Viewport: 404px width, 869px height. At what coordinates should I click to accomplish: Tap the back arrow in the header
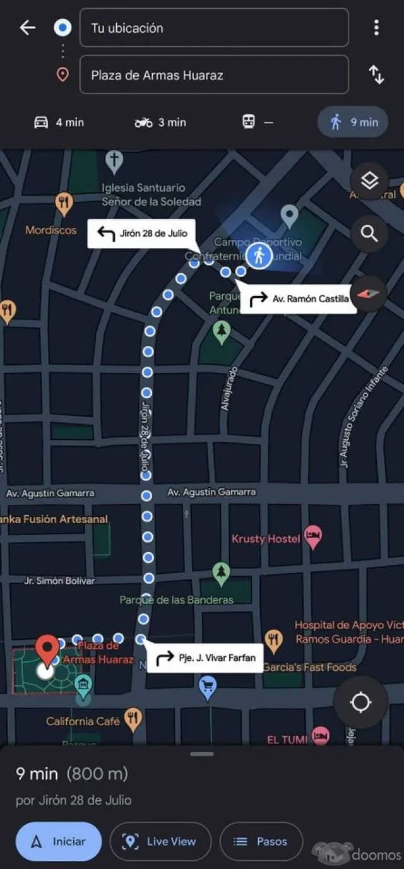pyautogui.click(x=27, y=28)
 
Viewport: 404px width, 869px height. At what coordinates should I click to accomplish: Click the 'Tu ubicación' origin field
pyautogui.click(x=213, y=28)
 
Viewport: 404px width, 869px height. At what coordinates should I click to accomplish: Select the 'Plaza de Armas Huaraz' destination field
pyautogui.click(x=213, y=75)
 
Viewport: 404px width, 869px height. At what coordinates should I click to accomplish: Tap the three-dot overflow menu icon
pyautogui.click(x=376, y=28)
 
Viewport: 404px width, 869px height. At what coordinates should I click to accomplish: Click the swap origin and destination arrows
pyautogui.click(x=376, y=75)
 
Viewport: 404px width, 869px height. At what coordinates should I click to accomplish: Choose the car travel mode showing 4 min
pyautogui.click(x=59, y=122)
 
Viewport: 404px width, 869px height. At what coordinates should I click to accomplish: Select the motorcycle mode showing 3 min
pyautogui.click(x=160, y=122)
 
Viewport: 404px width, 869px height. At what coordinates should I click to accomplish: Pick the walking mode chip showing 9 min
pyautogui.click(x=353, y=122)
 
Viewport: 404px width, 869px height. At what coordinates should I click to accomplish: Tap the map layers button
pyautogui.click(x=369, y=181)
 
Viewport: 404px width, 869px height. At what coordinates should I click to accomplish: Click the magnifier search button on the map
pyautogui.click(x=369, y=234)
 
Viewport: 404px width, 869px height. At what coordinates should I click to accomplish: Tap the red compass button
pyautogui.click(x=369, y=293)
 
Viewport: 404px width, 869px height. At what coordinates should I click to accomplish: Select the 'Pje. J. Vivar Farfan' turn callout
pyautogui.click(x=205, y=658)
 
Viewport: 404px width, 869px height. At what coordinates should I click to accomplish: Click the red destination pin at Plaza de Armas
pyautogui.click(x=47, y=649)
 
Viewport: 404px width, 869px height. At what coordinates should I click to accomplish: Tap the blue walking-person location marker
pyautogui.click(x=259, y=256)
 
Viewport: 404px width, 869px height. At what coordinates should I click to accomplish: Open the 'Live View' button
pyautogui.click(x=160, y=841)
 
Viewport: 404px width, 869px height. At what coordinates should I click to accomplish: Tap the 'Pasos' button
pyautogui.click(x=261, y=841)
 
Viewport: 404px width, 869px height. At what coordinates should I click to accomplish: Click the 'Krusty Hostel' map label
pyautogui.click(x=266, y=539)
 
